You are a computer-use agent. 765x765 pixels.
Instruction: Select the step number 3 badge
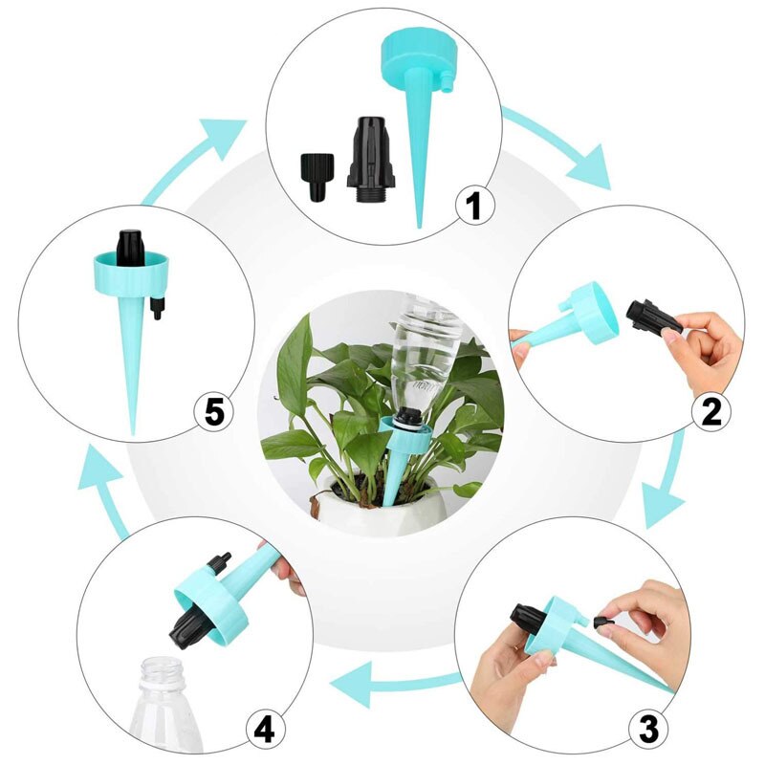[648, 730]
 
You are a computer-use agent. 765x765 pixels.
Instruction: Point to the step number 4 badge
[265, 730]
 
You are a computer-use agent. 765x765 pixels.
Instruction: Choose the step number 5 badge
[214, 412]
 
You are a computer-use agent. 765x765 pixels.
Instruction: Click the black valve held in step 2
[654, 317]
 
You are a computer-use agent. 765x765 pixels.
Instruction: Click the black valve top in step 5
[129, 246]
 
